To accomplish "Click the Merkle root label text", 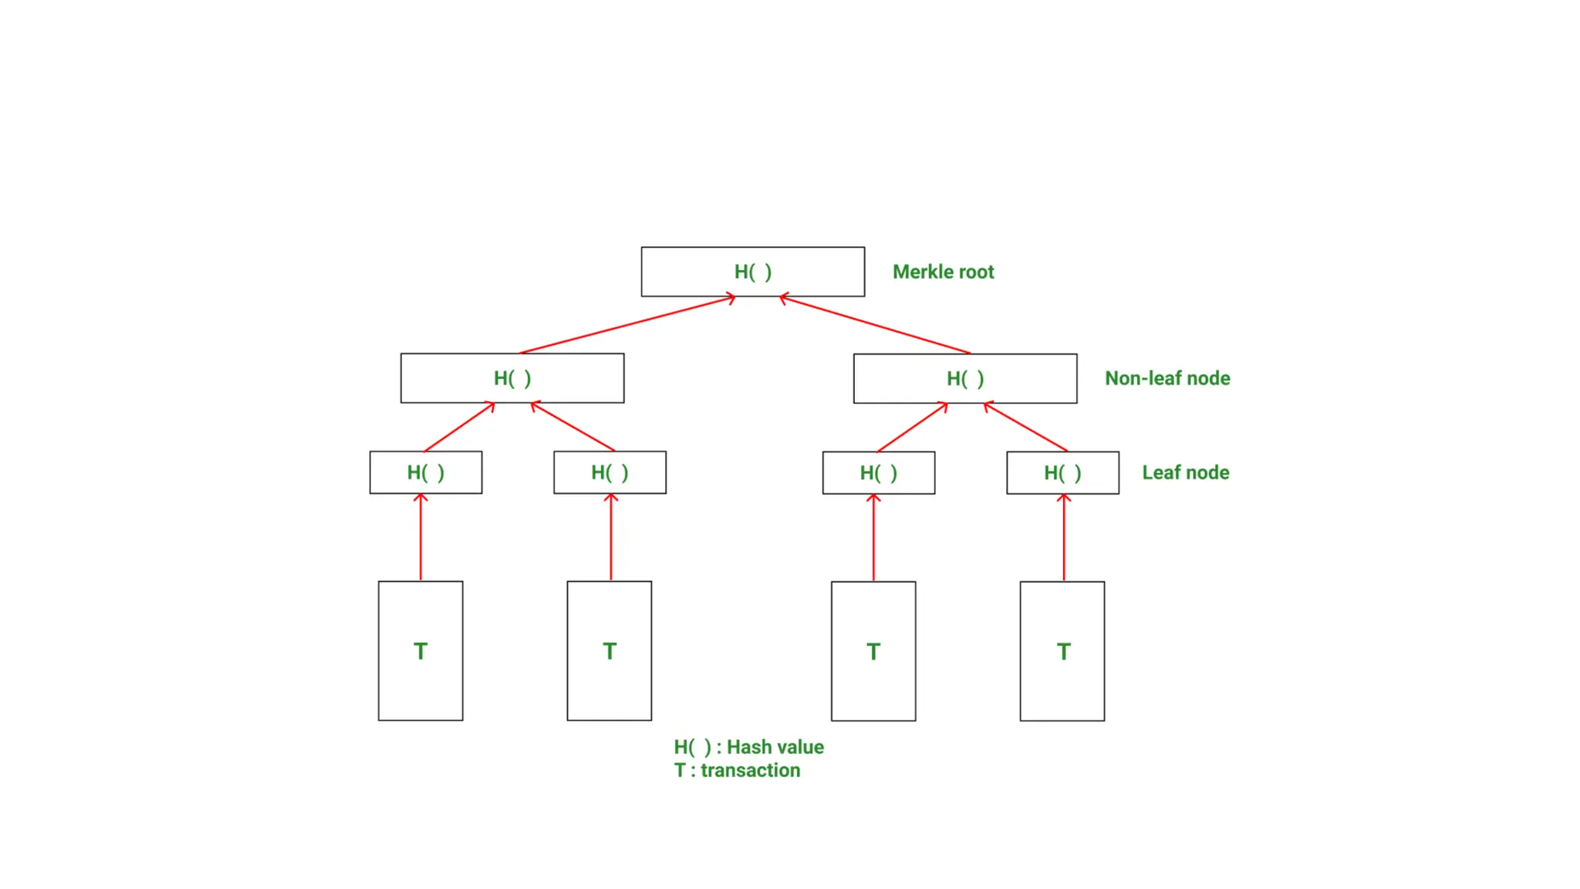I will coord(943,272).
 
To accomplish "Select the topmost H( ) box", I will coord(752,272).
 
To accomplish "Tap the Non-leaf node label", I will coord(1166,378).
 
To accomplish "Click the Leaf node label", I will coord(1185,472).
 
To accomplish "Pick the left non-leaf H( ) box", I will coord(511,378).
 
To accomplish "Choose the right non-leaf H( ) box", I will coord(964,378).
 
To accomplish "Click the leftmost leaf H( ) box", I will coord(425,472).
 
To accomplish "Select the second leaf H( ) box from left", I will coord(609,472).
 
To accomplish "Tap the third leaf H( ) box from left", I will coord(878,472).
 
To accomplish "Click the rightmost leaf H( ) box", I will coord(1062,472).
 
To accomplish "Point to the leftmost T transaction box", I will coord(420,651).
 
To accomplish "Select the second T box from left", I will coord(609,651).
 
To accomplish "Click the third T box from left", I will coord(873,651).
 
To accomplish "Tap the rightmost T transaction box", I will coord(1062,651).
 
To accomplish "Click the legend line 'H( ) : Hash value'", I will coord(748,747).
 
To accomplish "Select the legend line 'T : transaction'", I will coord(737,770).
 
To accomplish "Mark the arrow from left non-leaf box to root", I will coord(626,325).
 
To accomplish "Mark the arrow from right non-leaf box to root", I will coord(875,325).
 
